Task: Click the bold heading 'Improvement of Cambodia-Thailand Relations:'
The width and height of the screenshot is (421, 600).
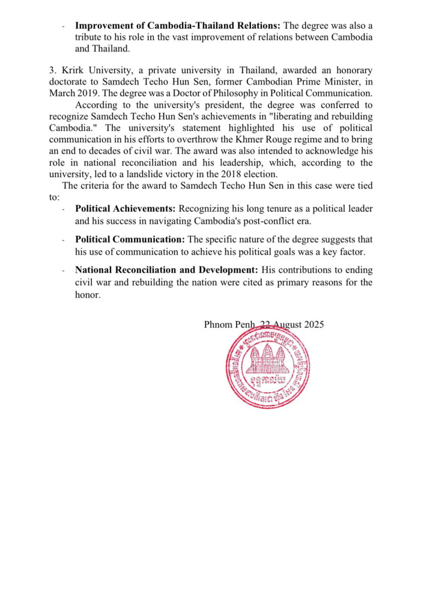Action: tap(178, 26)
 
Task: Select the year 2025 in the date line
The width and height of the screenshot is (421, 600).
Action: tap(312, 325)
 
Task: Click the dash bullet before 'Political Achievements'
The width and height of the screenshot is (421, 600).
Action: tap(63, 209)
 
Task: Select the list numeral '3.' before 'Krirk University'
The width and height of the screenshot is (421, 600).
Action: tap(52, 71)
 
